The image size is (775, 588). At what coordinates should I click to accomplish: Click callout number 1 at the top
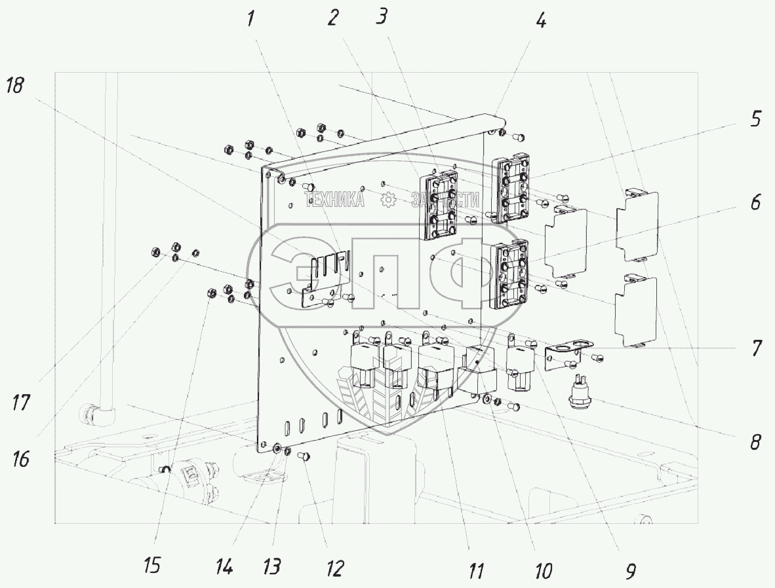click(x=251, y=19)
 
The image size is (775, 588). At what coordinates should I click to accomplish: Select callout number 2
click(x=333, y=18)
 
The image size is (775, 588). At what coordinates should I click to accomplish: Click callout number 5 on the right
click(x=756, y=119)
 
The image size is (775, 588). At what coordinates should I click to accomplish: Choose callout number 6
click(x=756, y=204)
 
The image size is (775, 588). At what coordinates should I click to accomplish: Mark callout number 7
click(x=757, y=348)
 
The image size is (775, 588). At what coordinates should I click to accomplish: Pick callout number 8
click(x=756, y=442)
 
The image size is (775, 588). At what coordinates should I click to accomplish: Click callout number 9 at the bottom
click(x=629, y=571)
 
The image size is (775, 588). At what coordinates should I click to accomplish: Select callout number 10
click(x=543, y=571)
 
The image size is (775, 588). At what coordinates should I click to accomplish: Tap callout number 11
click(x=477, y=571)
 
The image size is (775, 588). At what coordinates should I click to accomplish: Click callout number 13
click(x=273, y=566)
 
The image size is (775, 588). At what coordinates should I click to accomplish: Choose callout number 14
click(x=225, y=566)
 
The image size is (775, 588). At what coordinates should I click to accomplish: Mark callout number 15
click(x=153, y=564)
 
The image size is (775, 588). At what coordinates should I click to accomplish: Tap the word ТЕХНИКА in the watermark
click(x=335, y=200)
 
